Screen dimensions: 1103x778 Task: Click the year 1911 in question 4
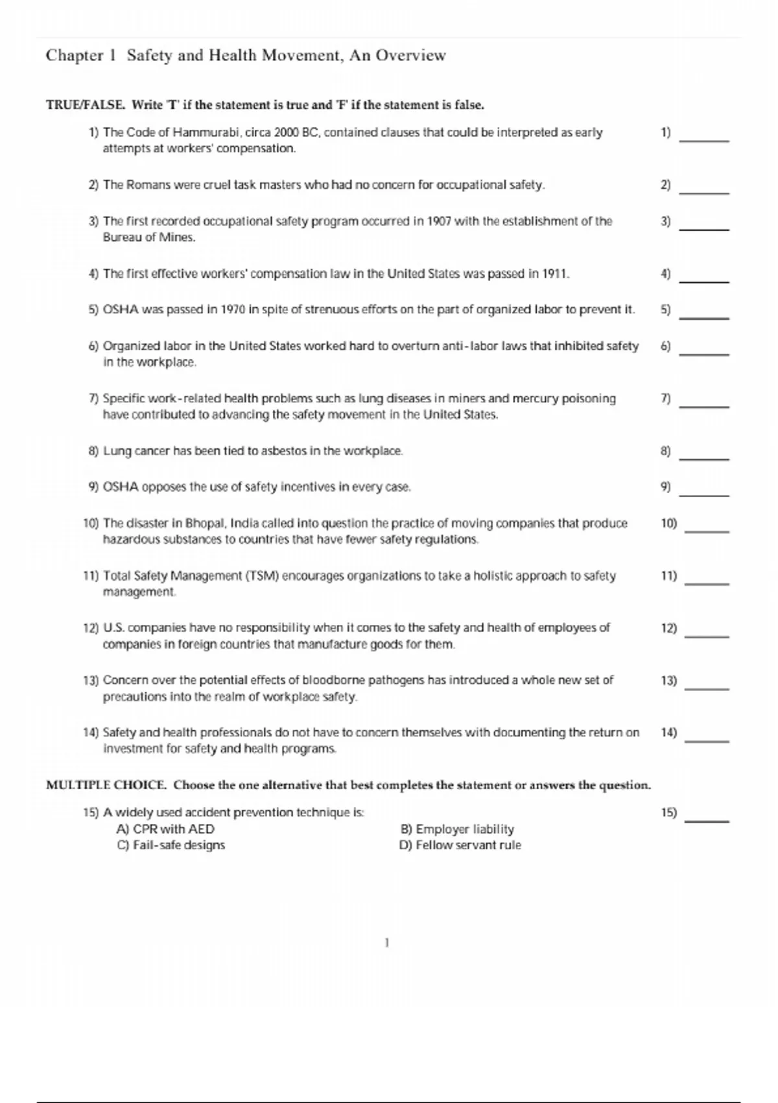(x=554, y=274)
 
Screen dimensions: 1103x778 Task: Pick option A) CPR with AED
(x=165, y=829)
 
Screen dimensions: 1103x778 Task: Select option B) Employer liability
(x=457, y=829)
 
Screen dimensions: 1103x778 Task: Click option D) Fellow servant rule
(x=460, y=845)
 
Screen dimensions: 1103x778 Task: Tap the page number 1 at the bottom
(x=387, y=943)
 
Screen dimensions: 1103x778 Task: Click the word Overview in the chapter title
(x=413, y=56)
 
